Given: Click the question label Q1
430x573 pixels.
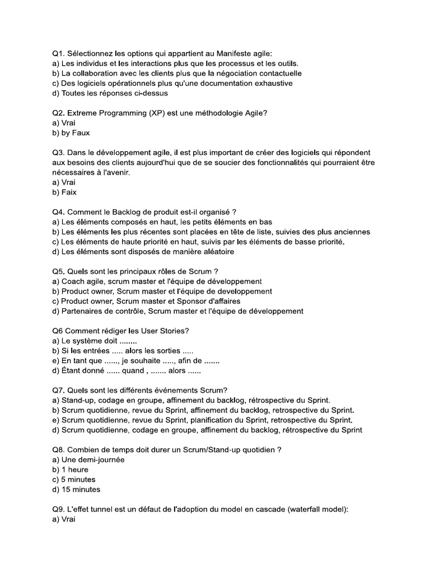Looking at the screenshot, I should tap(58, 53).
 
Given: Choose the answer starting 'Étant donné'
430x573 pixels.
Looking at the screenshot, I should tap(83, 370).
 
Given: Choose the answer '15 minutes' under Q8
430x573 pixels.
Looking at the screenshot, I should tap(81, 490).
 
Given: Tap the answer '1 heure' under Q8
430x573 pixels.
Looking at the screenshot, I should tap(75, 469).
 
